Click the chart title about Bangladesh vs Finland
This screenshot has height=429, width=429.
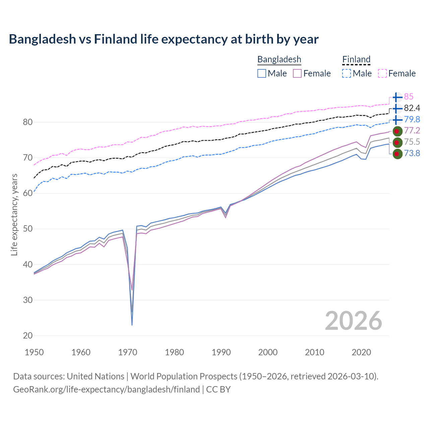[x=164, y=39]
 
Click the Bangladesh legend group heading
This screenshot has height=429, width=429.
[x=279, y=59]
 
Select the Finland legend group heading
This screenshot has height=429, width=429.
[x=356, y=59]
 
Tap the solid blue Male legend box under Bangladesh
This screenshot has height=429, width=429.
[x=262, y=73]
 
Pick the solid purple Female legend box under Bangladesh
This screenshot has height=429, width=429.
[x=298, y=73]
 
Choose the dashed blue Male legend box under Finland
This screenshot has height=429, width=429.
[x=347, y=73]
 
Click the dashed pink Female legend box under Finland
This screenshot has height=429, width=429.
[x=382, y=73]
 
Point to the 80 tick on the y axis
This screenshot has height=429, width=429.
[x=28, y=122]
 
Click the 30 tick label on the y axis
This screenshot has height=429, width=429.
[x=28, y=300]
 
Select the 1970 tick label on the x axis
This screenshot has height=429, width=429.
[x=128, y=352]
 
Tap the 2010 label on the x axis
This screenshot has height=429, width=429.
[x=314, y=352]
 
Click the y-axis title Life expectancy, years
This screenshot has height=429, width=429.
[x=14, y=214]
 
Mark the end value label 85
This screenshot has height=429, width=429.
[x=409, y=97]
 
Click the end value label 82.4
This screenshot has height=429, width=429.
[x=412, y=108]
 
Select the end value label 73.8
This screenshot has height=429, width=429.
[x=412, y=154]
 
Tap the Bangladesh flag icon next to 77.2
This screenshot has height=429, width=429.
[x=397, y=131]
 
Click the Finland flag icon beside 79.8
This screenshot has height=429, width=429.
[x=397, y=120]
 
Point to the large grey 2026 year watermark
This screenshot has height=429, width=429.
[x=353, y=321]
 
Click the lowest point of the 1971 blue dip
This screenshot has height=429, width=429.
[x=132, y=325]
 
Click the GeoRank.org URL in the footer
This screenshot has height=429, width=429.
[x=106, y=389]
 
